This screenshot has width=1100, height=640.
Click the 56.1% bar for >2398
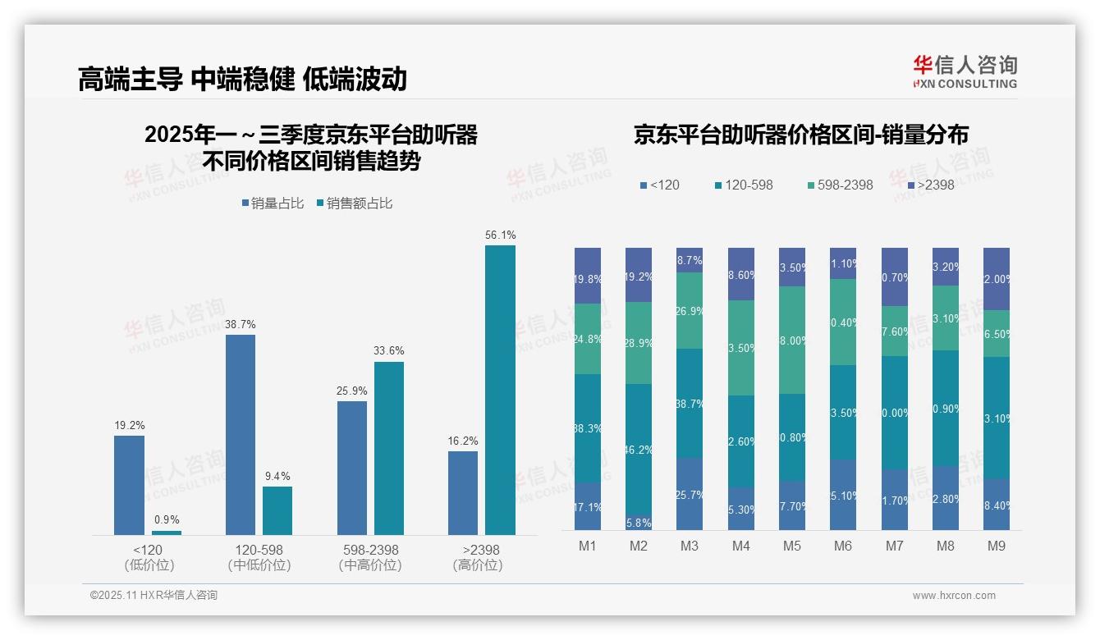point(500,390)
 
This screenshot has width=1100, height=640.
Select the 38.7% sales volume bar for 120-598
point(240,435)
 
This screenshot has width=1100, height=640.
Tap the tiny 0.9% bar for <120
point(167,533)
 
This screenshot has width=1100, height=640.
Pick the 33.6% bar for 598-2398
point(389,448)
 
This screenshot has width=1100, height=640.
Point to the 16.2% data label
point(464,441)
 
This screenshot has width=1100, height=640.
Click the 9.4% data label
point(277,476)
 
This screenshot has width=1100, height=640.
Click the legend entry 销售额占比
point(355,203)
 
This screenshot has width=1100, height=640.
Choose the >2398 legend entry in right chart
point(933,185)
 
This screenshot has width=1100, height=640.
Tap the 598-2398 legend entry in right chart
point(840,185)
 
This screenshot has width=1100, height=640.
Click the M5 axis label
point(791,546)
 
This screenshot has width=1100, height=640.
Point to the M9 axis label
point(996,546)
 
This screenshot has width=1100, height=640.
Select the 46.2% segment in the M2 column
point(639,449)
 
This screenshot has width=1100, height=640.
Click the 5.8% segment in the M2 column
point(639,522)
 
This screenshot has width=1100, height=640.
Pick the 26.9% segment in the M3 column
point(690,310)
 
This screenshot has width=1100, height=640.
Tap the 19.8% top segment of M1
point(588,276)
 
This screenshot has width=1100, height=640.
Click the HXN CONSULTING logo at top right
point(965,72)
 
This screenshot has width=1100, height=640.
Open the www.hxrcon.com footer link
point(954,596)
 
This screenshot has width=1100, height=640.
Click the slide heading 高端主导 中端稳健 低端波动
point(242,79)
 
